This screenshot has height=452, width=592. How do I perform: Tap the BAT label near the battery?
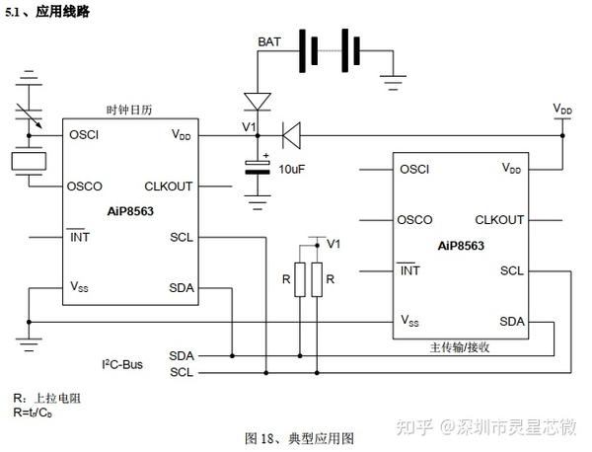point(268,41)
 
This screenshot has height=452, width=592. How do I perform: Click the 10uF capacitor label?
point(291,169)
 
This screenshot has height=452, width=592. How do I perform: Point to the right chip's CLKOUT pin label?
point(499,219)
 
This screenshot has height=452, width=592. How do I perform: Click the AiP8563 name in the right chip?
point(461,245)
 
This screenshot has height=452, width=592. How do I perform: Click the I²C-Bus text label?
point(123,364)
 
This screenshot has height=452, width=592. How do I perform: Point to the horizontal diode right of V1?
point(290,131)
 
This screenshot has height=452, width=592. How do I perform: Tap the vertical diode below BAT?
point(258,101)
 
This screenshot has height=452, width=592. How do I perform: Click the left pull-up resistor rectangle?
point(297,280)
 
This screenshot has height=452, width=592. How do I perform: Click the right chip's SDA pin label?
point(511,322)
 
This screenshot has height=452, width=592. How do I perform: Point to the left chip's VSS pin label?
point(78,287)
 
